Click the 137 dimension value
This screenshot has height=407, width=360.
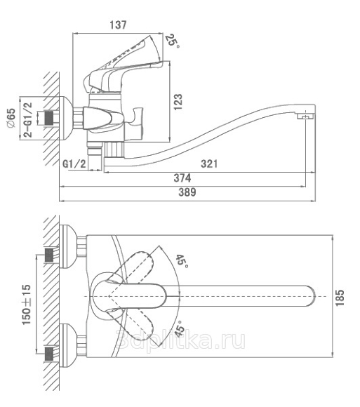[118, 25]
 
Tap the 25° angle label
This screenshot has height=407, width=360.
[173, 41]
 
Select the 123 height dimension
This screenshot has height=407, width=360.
[178, 102]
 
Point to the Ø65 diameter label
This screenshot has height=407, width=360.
[11, 118]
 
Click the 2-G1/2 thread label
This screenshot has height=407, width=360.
[28, 120]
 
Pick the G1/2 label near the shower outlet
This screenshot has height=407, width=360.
[74, 164]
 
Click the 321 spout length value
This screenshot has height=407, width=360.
[209, 164]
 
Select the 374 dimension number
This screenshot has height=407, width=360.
[182, 178]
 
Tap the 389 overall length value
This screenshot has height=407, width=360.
[187, 192]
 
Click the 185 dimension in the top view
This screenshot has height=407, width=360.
[340, 298]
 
